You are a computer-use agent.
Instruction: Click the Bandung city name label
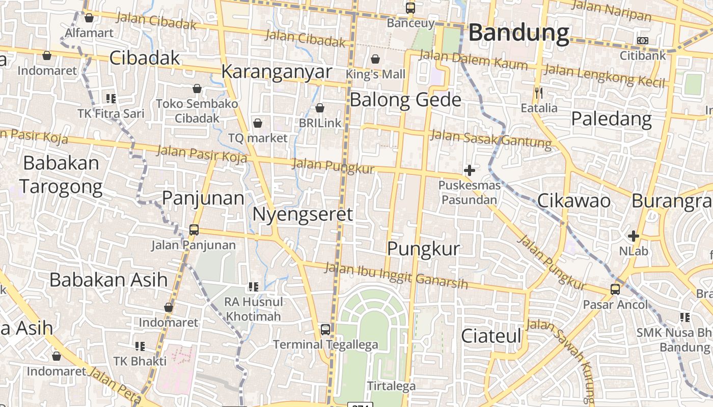pyautogui.click(x=518, y=33)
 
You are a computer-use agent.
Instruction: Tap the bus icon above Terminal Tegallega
pyautogui.click(x=325, y=330)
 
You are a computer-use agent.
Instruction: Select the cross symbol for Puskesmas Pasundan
pyautogui.click(x=470, y=170)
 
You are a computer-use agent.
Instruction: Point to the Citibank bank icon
pyautogui.click(x=643, y=40)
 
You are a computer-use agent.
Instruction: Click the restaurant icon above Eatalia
pyautogui.click(x=539, y=93)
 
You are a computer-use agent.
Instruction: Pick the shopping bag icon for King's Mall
pyautogui.click(x=375, y=59)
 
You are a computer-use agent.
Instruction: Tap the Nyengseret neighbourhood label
pyautogui.click(x=303, y=214)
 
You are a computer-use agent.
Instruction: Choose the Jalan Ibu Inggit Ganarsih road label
pyautogui.click(x=396, y=275)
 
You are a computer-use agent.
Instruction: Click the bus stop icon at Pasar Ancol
pyautogui.click(x=615, y=289)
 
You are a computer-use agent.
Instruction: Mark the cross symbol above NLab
pyautogui.click(x=634, y=236)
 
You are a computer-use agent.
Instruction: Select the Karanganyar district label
pyautogui.click(x=277, y=72)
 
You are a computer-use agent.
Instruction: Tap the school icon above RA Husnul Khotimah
pyautogui.click(x=253, y=287)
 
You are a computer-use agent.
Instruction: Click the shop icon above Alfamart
pyautogui.click(x=89, y=18)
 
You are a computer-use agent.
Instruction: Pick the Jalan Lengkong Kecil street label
pyautogui.click(x=605, y=75)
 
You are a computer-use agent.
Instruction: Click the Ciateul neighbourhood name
pyautogui.click(x=491, y=336)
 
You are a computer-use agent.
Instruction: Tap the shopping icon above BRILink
pyautogui.click(x=320, y=108)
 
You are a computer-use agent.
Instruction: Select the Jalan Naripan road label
pyautogui.click(x=611, y=11)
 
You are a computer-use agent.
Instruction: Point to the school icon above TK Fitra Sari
pyautogui.click(x=111, y=98)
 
